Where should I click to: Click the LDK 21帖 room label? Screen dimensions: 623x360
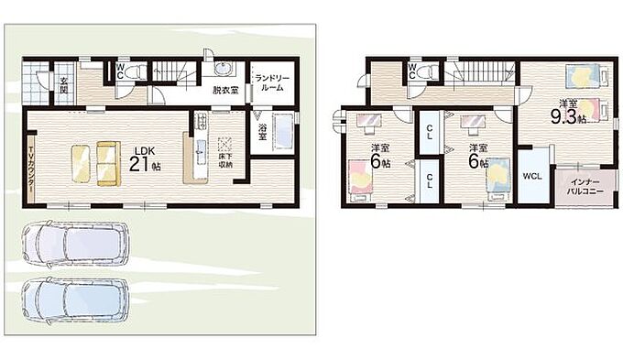(145, 159)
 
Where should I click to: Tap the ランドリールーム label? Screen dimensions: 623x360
(272, 82)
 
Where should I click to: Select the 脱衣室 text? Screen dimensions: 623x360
(224, 90)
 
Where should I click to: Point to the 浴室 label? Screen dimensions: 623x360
(262, 133)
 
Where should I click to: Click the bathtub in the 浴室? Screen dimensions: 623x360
(283, 132)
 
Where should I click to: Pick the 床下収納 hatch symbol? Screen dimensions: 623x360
(225, 144)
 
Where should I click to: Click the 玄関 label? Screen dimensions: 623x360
(63, 85)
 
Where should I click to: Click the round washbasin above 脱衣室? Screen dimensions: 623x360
(222, 68)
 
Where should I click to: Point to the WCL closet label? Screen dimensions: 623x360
(532, 177)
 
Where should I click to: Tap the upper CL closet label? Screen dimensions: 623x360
(430, 132)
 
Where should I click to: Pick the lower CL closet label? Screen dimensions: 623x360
(430, 180)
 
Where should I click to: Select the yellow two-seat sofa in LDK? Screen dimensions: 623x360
(108, 163)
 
